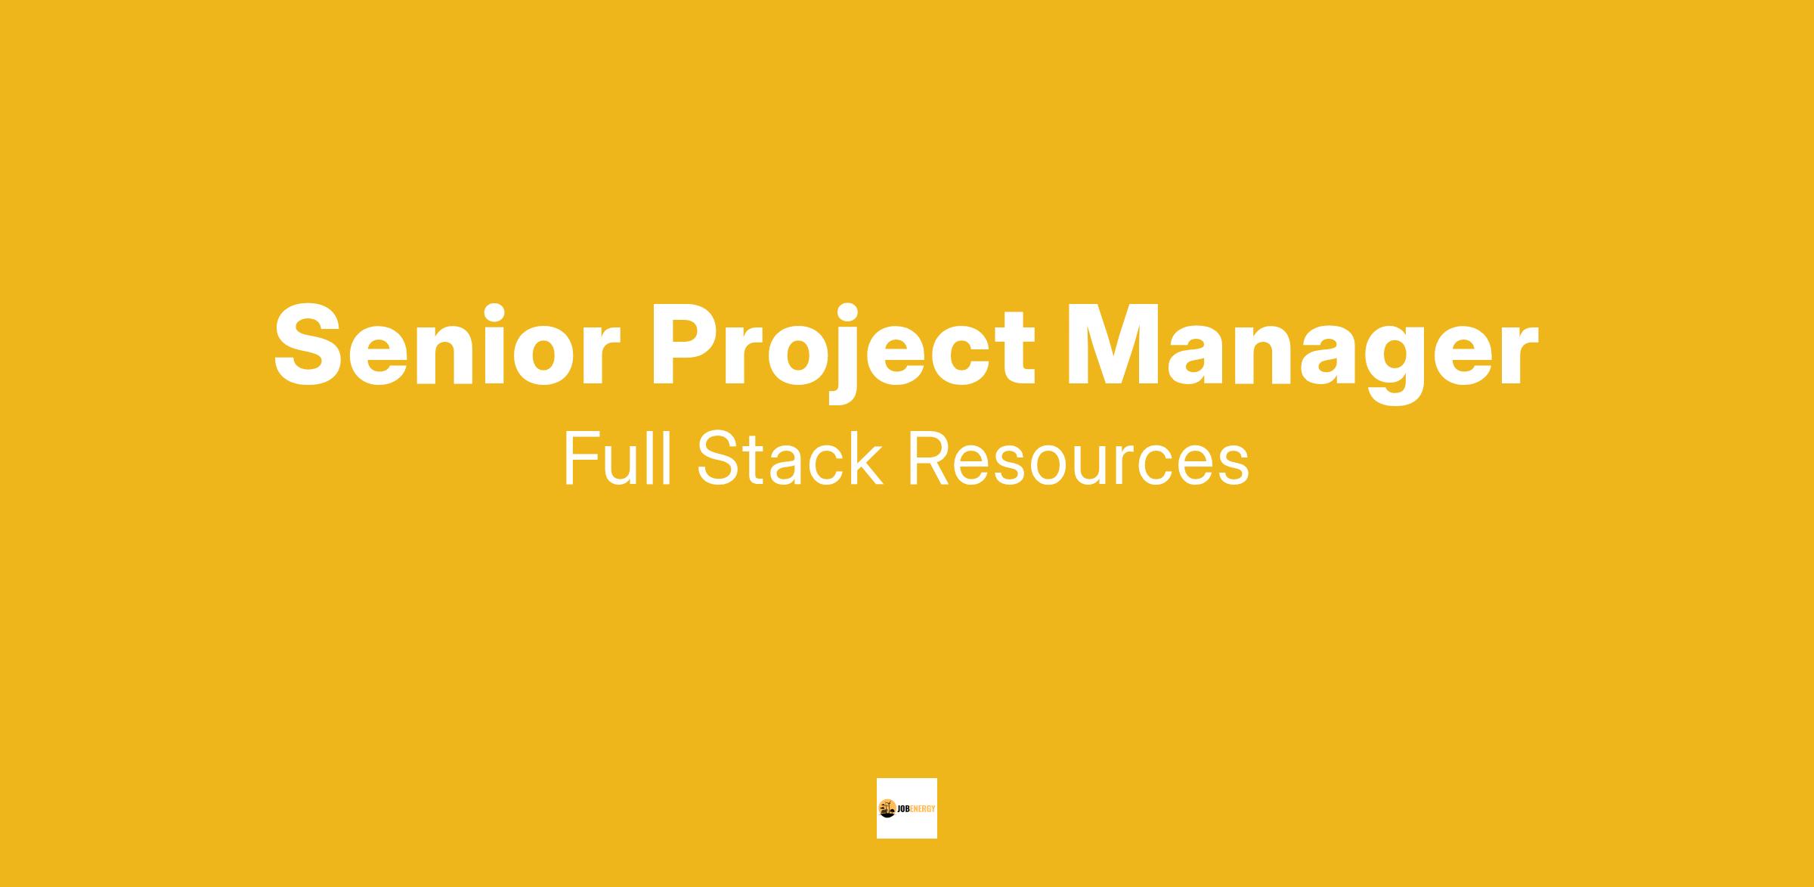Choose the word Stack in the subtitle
[790, 458]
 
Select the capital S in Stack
[718, 458]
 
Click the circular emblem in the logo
[887, 808]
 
